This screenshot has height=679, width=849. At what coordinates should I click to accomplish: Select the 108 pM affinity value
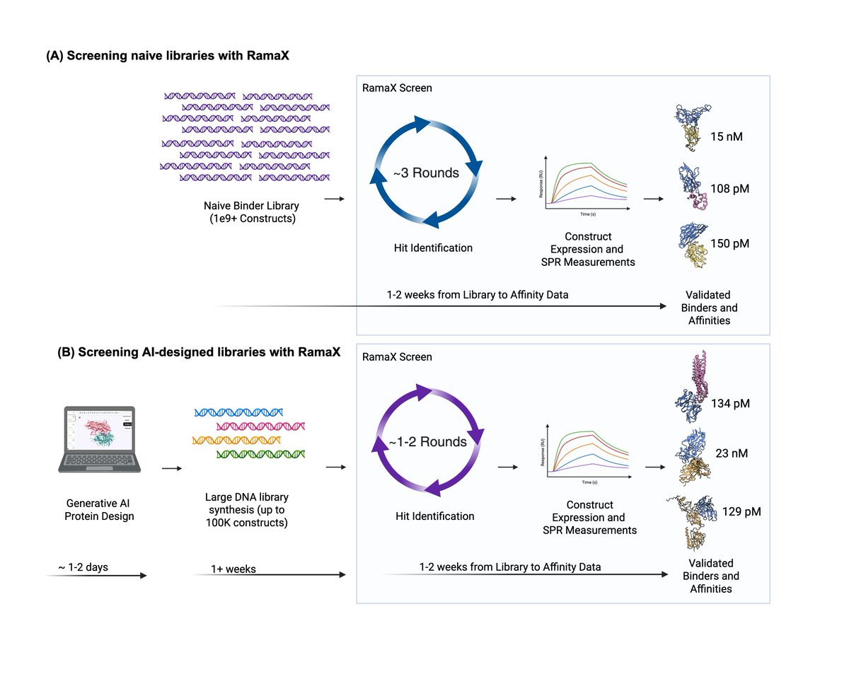tap(729, 190)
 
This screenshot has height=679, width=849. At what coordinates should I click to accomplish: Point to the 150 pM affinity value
tap(729, 243)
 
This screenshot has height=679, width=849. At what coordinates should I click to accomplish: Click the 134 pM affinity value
tap(730, 404)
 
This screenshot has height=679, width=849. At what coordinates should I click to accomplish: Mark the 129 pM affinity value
tap(741, 511)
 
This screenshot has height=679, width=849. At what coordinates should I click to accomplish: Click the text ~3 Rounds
tap(426, 173)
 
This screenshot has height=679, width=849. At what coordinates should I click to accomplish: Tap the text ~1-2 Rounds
tap(427, 442)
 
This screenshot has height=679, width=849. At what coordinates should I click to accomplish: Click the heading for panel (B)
tap(199, 354)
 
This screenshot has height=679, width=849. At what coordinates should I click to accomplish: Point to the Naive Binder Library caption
tap(251, 211)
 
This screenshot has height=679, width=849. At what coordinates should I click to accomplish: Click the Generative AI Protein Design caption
tap(99, 510)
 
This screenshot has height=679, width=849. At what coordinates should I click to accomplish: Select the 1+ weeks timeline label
tap(233, 569)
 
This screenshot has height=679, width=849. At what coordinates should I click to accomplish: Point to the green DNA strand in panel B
tap(260, 453)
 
